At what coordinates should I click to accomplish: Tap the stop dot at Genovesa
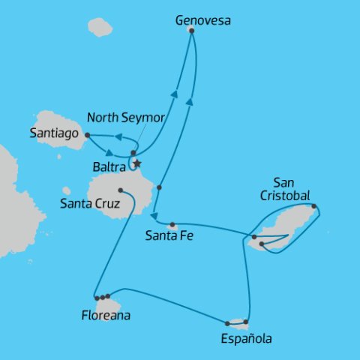pyautogui.click(x=191, y=31)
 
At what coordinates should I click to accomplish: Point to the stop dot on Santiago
pyautogui.click(x=88, y=135)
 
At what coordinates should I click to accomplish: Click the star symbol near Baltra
pyautogui.click(x=136, y=163)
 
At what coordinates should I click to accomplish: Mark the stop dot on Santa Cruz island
pyautogui.click(x=121, y=190)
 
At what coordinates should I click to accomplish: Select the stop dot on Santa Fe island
pyautogui.click(x=172, y=224)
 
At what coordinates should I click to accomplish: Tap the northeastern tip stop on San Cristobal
pyautogui.click(x=314, y=206)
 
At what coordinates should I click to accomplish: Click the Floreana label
pyautogui.click(x=105, y=316)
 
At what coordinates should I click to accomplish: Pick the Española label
pyautogui.click(x=247, y=339)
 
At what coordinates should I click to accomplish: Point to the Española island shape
pyautogui.click(x=238, y=324)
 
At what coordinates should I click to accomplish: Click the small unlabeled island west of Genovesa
pyautogui.click(x=99, y=27)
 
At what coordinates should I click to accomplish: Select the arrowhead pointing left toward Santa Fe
pyautogui.click(x=154, y=217)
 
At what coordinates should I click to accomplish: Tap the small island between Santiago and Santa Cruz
pyautogui.click(x=67, y=192)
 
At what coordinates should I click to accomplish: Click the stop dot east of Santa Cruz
pyautogui.click(x=159, y=186)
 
